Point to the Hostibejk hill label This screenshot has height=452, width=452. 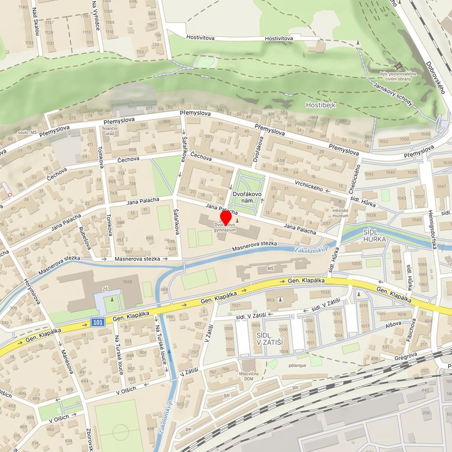[x=321, y=105]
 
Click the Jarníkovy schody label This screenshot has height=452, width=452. [x=393, y=93]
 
